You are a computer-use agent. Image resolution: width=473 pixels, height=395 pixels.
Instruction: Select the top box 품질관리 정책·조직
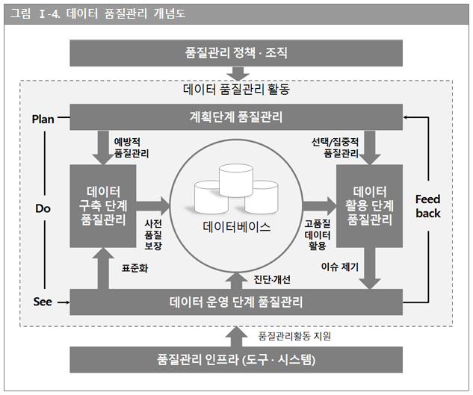235,52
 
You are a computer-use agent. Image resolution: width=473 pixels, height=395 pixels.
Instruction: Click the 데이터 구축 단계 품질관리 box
103,205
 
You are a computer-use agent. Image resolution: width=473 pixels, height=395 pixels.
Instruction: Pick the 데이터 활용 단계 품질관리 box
369,205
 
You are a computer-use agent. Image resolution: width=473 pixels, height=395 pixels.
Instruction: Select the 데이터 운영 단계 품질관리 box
235,302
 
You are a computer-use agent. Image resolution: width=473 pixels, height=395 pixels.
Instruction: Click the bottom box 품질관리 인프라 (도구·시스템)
235,359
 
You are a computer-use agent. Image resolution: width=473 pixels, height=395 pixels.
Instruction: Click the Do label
42,209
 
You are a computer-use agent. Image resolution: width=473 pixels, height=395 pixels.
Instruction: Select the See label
43,302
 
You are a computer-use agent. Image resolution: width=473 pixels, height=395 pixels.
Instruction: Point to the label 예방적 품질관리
131,147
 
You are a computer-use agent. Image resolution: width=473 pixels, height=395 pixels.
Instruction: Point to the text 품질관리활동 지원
294,336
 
